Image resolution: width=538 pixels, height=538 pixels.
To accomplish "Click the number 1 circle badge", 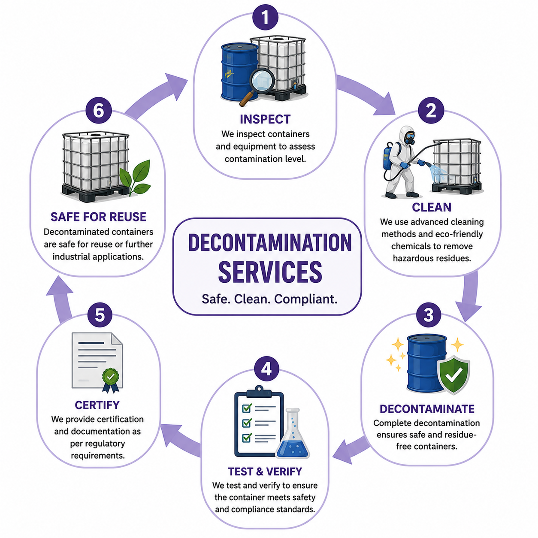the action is pyautogui.click(x=265, y=17).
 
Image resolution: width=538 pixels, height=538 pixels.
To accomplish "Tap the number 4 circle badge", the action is pyautogui.click(x=266, y=369).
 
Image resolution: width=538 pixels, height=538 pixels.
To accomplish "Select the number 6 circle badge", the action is pyautogui.click(x=99, y=110).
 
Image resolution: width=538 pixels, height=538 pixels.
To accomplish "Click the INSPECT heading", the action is pyautogui.click(x=265, y=119).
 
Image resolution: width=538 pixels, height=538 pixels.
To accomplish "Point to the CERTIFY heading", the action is pyautogui.click(x=97, y=405).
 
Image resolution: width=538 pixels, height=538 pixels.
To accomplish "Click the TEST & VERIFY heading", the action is pyautogui.click(x=265, y=472).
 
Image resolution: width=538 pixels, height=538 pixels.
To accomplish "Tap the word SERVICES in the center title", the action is pyautogui.click(x=270, y=272).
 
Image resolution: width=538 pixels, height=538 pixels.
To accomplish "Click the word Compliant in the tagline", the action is pyautogui.click(x=306, y=299).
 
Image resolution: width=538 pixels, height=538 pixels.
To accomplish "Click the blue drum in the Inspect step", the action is pyautogui.click(x=240, y=72).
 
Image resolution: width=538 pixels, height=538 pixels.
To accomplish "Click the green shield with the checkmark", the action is pyautogui.click(x=453, y=375).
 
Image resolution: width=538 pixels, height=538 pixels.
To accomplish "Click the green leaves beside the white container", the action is pyautogui.click(x=136, y=178).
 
